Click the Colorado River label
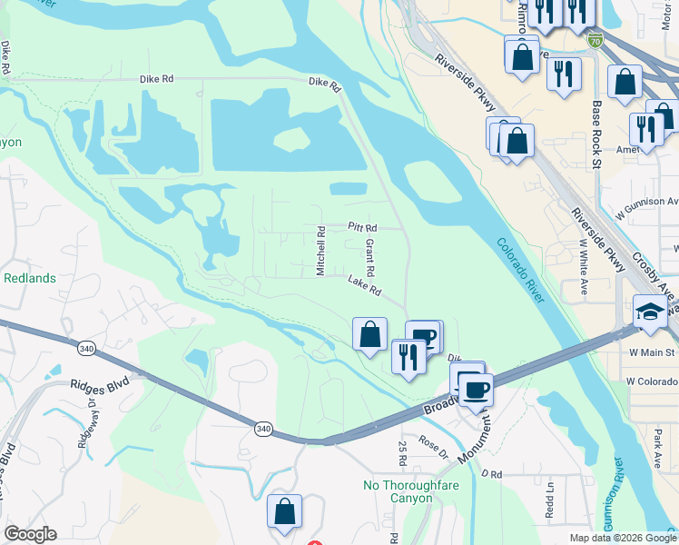click(x=522, y=271)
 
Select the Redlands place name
click(x=30, y=278)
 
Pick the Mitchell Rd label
click(x=320, y=251)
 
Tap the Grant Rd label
click(x=369, y=259)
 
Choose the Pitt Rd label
click(x=362, y=228)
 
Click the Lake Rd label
click(x=362, y=285)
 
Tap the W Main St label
click(x=652, y=352)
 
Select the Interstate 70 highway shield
click(x=595, y=41)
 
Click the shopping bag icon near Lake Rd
click(x=370, y=334)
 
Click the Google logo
click(x=30, y=534)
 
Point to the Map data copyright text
click(x=622, y=538)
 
